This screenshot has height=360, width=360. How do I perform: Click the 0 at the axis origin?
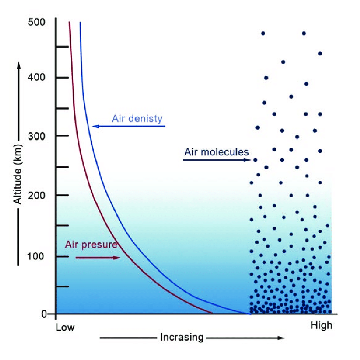[x=44, y=314]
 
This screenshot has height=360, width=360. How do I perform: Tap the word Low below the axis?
[x=65, y=327]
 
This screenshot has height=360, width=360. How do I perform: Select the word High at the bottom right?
[x=321, y=326]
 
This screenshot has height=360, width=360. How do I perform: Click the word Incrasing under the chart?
[x=182, y=337]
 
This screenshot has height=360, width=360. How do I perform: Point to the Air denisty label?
[x=137, y=118]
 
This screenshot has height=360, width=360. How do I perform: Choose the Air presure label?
[x=91, y=245]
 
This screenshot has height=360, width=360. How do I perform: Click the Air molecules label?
[x=217, y=152]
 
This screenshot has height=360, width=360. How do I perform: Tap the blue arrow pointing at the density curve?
[x=129, y=126]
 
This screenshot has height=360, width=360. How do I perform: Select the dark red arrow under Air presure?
[x=98, y=257]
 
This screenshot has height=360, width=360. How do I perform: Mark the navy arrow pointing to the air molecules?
[x=217, y=160]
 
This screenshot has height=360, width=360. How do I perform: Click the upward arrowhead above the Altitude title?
[x=18, y=64]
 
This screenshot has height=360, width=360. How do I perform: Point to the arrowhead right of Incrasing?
[x=281, y=338]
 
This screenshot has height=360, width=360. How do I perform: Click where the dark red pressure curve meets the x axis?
[x=212, y=314]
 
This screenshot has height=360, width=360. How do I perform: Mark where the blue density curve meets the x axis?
[x=250, y=314]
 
